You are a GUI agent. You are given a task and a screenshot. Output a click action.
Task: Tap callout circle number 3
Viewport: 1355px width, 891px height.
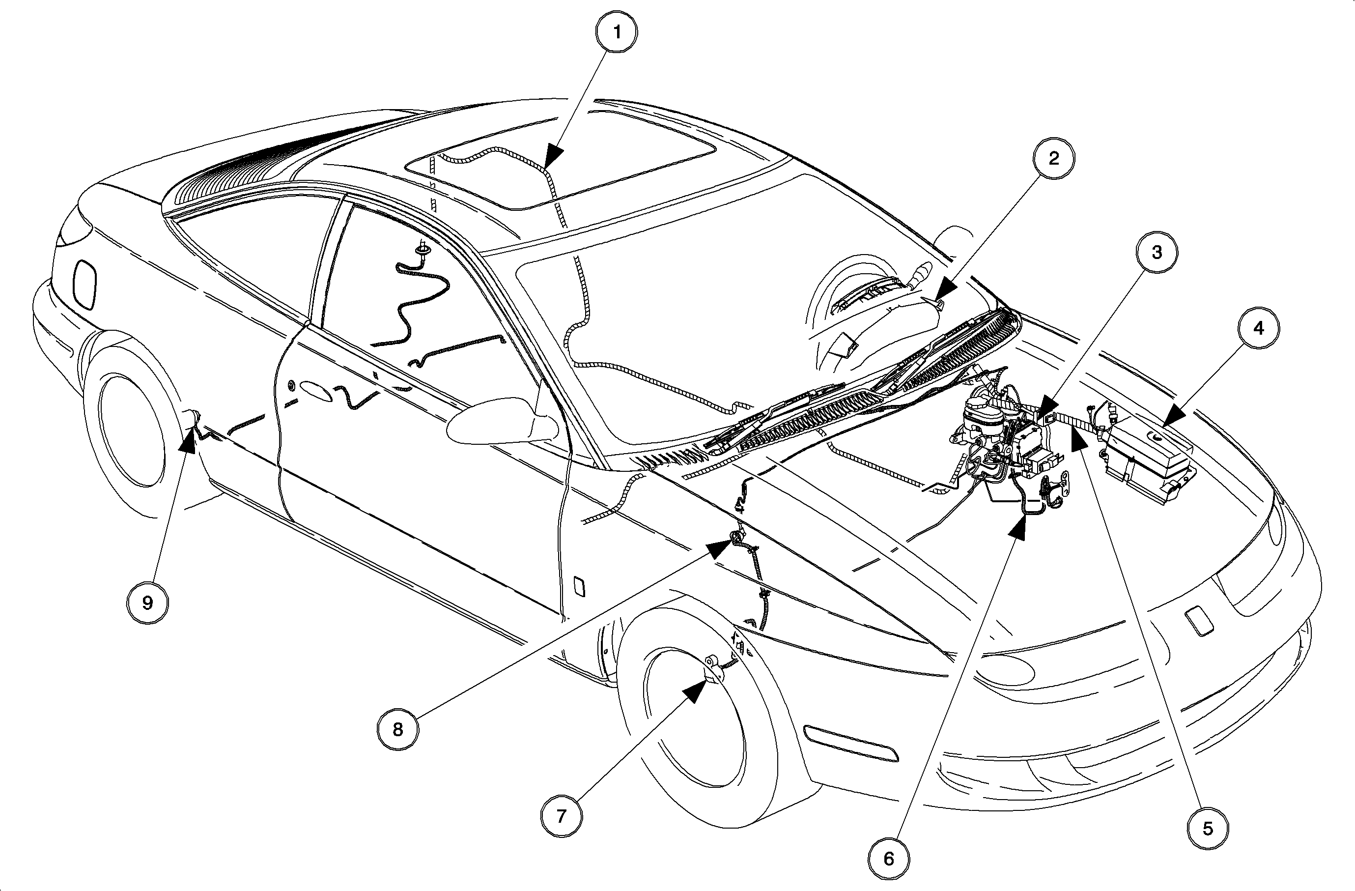coord(1157,252)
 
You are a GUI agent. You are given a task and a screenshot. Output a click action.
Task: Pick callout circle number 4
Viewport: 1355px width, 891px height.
coord(1259,328)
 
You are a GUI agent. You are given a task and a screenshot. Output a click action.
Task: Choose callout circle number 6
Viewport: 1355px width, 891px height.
coord(889,859)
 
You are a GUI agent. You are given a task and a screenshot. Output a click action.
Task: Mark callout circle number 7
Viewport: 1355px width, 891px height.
coord(562,816)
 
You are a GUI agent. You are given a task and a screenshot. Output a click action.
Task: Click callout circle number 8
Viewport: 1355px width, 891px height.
coord(397,729)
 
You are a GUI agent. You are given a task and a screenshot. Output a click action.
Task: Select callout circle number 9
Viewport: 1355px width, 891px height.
coord(147,603)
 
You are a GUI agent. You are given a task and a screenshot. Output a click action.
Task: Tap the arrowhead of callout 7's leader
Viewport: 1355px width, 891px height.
coord(698,692)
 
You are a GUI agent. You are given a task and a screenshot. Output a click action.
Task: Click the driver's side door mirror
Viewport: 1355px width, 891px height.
coord(501,421)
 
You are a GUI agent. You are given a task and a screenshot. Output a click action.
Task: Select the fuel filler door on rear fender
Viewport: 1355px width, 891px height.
coord(85,285)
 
